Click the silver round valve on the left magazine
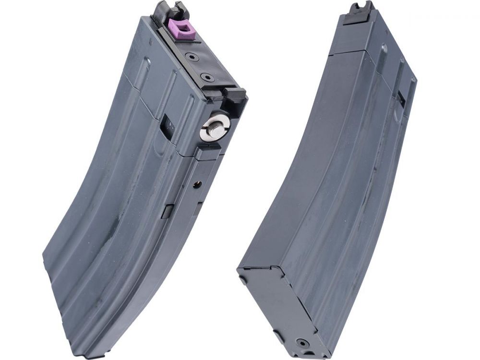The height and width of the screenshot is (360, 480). pyautogui.click(x=215, y=126)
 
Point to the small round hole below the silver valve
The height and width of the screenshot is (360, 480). pyautogui.click(x=196, y=184)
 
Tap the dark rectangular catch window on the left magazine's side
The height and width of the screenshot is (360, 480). pyautogui.click(x=167, y=127)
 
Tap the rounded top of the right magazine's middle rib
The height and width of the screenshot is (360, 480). pyautogui.click(x=384, y=49)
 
